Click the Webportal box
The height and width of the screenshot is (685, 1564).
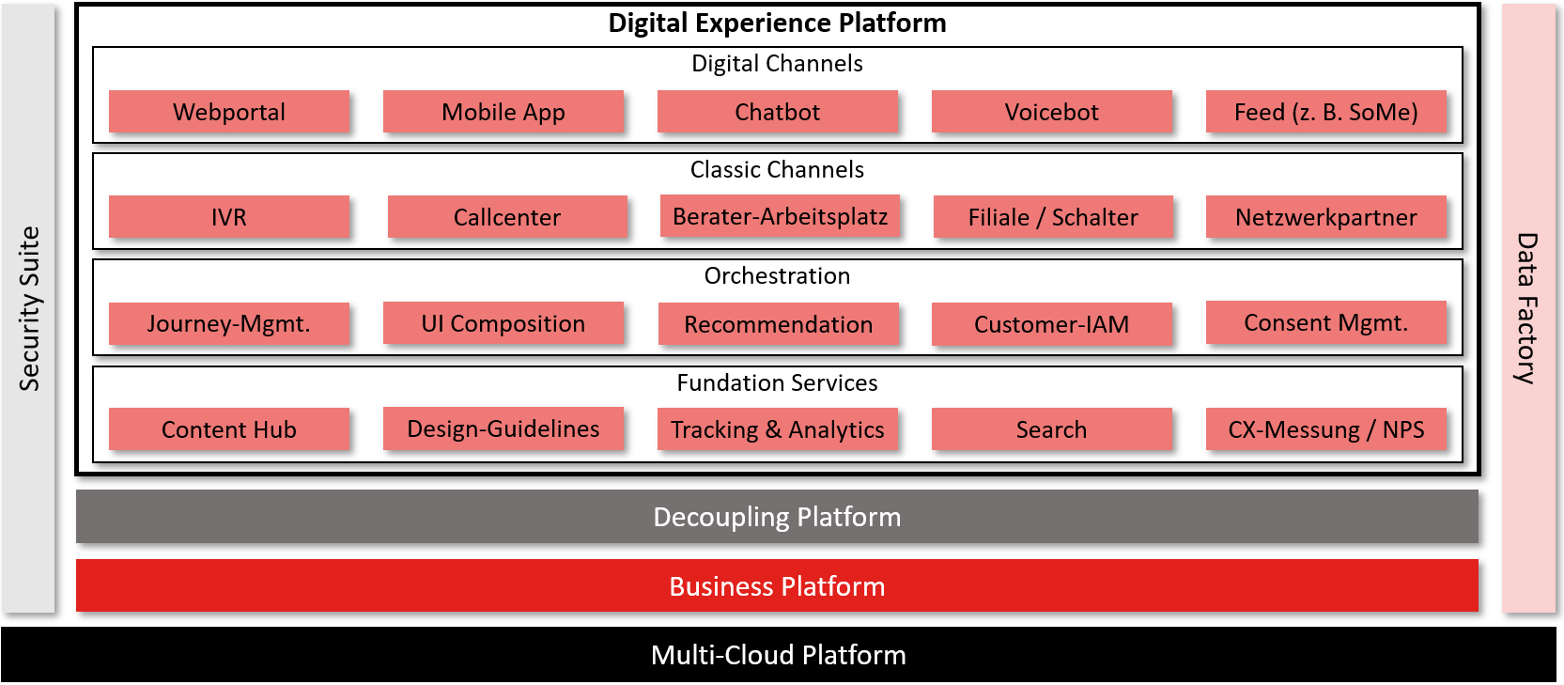[229, 111]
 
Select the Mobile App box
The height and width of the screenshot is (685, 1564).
[503, 111]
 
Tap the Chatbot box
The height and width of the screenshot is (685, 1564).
[777, 111]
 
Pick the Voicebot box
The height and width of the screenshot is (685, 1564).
[1051, 111]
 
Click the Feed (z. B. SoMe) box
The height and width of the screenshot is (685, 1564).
[1326, 111]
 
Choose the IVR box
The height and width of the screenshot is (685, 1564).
[229, 216]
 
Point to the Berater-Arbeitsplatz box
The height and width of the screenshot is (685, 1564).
[780, 216]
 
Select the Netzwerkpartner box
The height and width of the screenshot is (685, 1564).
[1326, 216]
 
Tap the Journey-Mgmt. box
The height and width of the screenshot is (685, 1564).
[229, 323]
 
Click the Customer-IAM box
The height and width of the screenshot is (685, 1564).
[1051, 324]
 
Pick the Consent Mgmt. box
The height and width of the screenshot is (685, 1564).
[1326, 322]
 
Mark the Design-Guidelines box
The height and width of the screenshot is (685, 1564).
[503, 428]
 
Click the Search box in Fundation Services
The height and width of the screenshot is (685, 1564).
[1051, 428]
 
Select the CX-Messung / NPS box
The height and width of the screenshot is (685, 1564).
[1326, 428]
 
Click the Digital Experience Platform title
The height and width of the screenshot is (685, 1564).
[777, 23]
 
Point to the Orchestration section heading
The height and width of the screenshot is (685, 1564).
[777, 276]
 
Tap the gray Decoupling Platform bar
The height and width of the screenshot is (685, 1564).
[777, 517]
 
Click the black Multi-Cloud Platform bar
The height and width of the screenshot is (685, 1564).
[779, 654]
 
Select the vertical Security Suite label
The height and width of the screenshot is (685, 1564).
[29, 308]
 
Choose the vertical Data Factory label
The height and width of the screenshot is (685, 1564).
[1527, 308]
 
